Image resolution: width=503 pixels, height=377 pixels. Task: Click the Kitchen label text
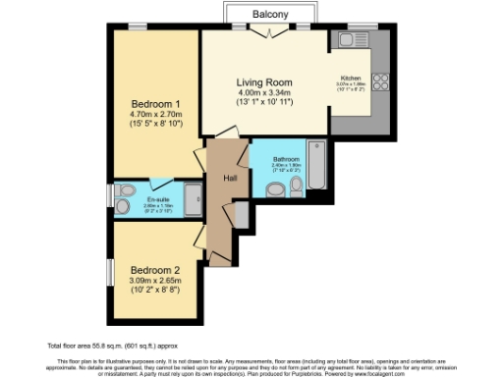(351, 78)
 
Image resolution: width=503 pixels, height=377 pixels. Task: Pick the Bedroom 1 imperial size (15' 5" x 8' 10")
(156, 126)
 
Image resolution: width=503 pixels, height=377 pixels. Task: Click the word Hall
(230, 178)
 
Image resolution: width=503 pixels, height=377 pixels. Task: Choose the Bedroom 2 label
(156, 270)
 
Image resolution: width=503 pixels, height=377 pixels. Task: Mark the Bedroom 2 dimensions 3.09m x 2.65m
(156, 281)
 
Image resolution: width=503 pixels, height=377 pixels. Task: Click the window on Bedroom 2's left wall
(111, 273)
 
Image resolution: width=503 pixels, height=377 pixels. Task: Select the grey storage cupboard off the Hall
(242, 216)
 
